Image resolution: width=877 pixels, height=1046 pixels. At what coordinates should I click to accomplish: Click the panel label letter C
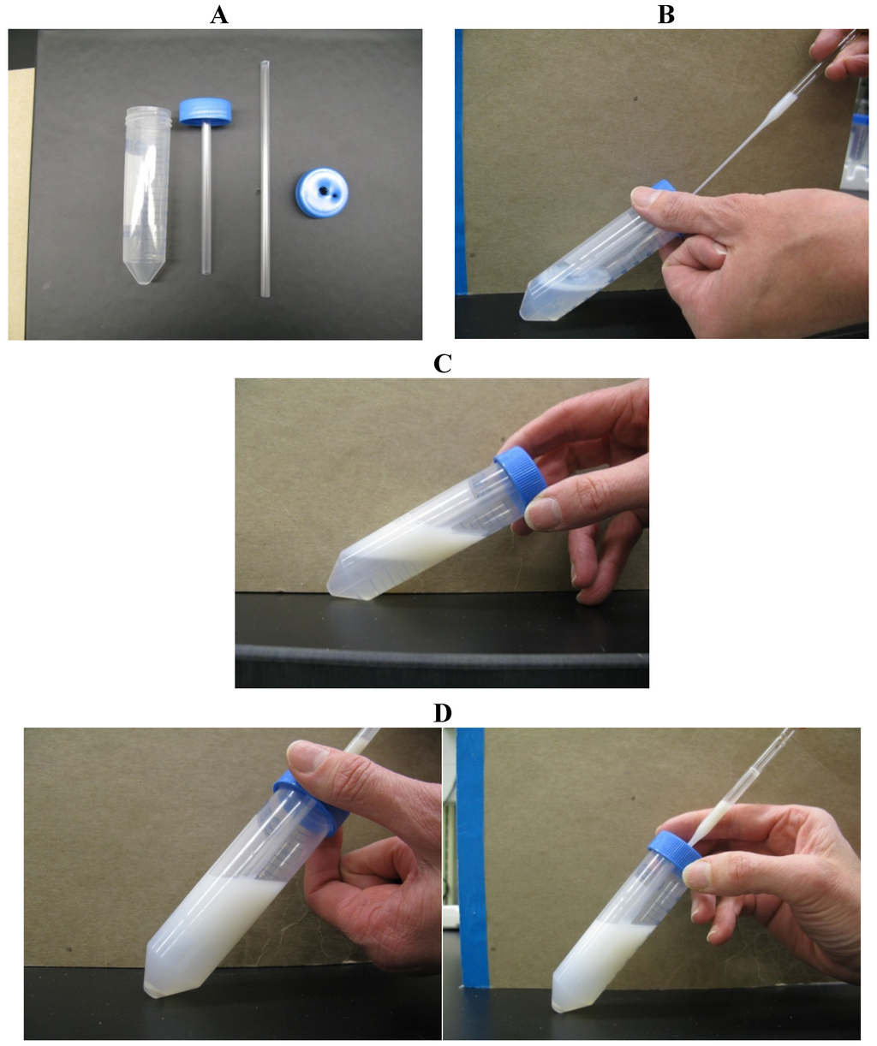click(x=442, y=363)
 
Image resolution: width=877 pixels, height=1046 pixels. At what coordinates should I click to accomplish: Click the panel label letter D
click(x=442, y=712)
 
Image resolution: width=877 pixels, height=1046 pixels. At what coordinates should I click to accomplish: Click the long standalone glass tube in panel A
click(x=264, y=180)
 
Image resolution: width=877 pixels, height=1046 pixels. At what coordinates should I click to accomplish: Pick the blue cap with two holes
click(x=319, y=187)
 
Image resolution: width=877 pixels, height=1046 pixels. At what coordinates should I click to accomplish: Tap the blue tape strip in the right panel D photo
click(x=471, y=856)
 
